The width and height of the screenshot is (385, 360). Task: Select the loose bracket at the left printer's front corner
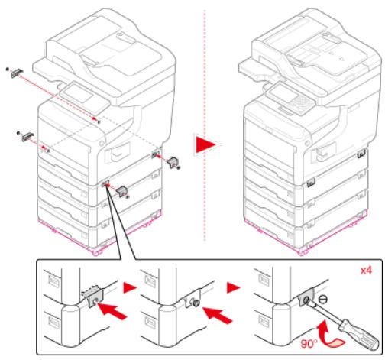121,191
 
